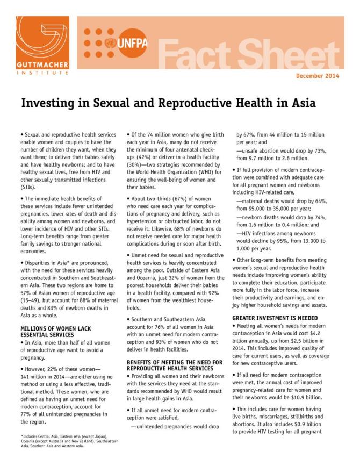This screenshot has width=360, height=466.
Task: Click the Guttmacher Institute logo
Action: coord(34,48)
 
